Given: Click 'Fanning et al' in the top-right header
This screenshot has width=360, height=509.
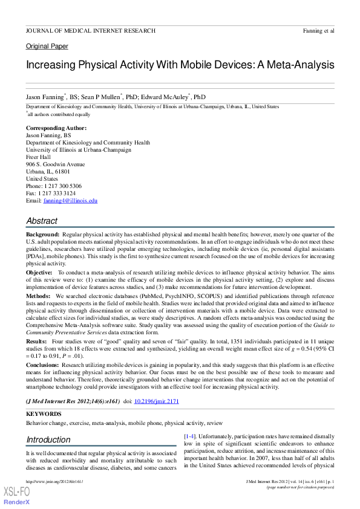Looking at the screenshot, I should coord(318,30).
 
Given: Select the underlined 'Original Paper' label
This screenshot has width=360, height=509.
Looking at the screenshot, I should coord(47,47).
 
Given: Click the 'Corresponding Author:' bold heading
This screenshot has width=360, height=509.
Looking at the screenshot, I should coord(56,128).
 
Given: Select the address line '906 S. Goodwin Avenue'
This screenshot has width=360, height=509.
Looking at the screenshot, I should coord(56,164).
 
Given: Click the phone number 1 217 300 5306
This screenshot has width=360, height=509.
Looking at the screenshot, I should coord(63,186).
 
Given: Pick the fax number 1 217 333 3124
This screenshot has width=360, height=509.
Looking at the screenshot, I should coord(59,193).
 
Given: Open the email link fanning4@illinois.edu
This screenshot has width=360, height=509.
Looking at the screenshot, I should coord(70,201).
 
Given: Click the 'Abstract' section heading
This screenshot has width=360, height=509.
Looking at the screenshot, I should coord(42,221).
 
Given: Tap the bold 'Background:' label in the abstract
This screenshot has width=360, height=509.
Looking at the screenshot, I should coord(42,233).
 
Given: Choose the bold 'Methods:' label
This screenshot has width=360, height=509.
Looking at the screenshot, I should coord(38,297).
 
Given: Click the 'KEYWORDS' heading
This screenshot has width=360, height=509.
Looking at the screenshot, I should coord(43,414).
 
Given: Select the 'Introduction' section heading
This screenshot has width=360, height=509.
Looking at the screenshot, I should coord(48,439).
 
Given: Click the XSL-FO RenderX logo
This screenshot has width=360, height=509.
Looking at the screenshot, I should coord(16,495).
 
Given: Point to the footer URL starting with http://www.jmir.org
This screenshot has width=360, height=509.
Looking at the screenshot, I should coord(54,481).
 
